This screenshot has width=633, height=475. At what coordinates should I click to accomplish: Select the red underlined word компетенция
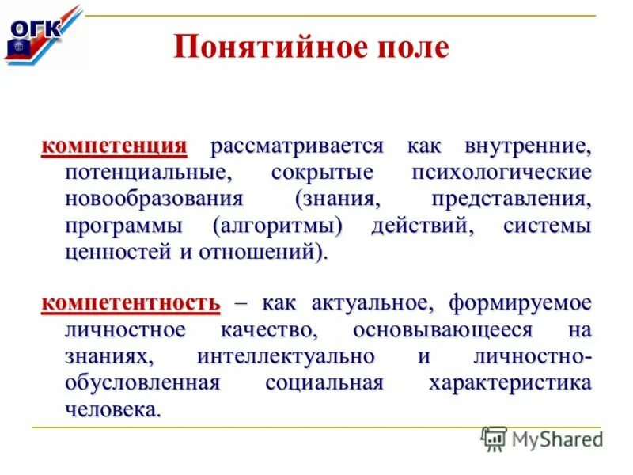point(114,146)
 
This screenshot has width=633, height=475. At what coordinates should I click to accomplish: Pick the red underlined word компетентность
point(131,303)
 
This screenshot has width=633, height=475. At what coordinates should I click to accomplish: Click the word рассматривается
point(297,146)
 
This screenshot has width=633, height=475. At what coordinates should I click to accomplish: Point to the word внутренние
point(529,146)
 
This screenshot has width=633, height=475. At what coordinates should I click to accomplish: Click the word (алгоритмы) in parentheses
point(278,226)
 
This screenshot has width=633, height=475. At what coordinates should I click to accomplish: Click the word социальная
point(324,383)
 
